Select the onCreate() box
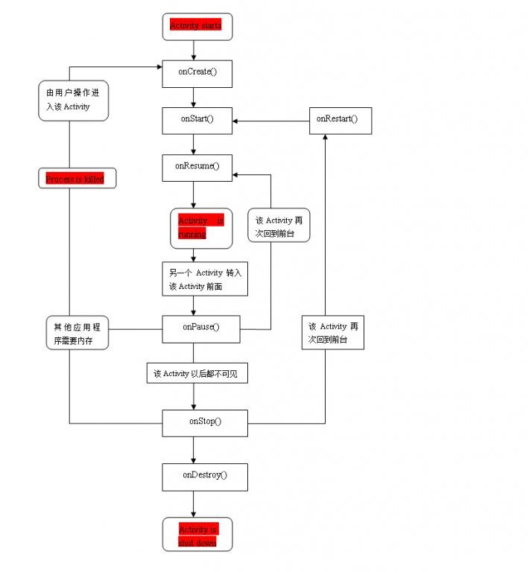coord(197,72)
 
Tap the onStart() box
coord(197,119)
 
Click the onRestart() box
coord(340,119)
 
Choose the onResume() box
coord(197,166)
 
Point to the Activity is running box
coord(197,227)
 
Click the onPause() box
coord(200,327)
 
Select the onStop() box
coord(205,422)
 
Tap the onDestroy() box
coord(204,475)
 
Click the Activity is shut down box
coord(197,535)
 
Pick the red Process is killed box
coord(77,179)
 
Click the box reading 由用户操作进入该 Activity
coord(73,101)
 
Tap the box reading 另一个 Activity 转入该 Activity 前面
coord(204,279)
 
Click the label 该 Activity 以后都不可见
coord(197,374)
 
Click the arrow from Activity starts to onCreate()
coord(194,49)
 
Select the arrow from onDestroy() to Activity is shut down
coord(194,504)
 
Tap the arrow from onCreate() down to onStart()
coord(194,96)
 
